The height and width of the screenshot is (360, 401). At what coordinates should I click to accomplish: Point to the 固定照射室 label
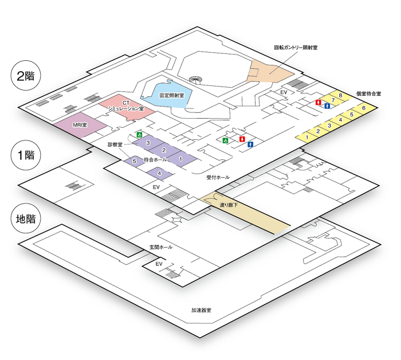(x=171, y=96)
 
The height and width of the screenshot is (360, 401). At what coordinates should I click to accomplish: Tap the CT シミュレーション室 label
(x=125, y=105)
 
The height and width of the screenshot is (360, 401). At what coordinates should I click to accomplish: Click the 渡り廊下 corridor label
(x=229, y=205)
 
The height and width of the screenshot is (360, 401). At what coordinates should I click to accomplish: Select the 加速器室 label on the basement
(x=201, y=311)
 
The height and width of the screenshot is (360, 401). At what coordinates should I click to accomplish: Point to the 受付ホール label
(x=218, y=178)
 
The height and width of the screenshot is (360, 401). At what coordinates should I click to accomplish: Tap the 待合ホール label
(x=155, y=159)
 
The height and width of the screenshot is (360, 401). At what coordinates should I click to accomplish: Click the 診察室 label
(x=115, y=145)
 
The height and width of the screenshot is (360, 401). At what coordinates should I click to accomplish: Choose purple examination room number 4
(x=160, y=173)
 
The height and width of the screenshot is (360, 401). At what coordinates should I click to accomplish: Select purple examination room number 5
(x=134, y=162)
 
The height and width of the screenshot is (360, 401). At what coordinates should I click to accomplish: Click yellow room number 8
(x=340, y=95)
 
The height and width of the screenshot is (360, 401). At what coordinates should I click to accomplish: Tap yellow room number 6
(x=364, y=108)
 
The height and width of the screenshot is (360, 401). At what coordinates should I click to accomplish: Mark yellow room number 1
(x=307, y=137)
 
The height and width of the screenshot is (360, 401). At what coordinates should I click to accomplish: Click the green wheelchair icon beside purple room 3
(x=138, y=135)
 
